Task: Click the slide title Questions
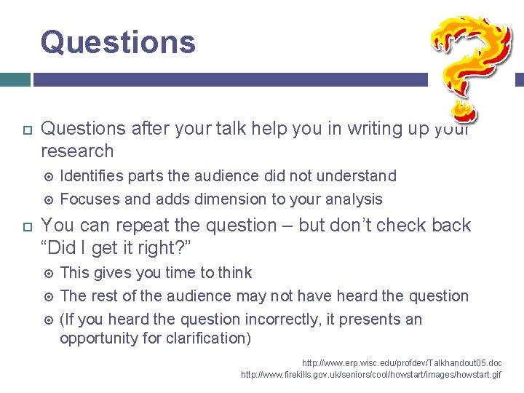(x=118, y=41)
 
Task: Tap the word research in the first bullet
(x=78, y=151)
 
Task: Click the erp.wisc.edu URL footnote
(x=402, y=362)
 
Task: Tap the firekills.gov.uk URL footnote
(x=371, y=374)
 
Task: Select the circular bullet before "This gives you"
(x=49, y=274)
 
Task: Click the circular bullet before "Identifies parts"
(x=49, y=176)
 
